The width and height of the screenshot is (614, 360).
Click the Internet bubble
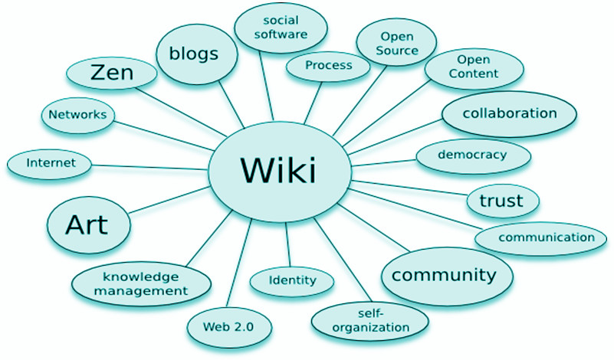coord(50,162)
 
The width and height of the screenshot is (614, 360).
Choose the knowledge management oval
coord(141,283)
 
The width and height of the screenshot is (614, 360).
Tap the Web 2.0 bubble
coord(227,326)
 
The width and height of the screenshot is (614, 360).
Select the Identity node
coord(291,280)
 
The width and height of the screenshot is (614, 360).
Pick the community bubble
coord(439,275)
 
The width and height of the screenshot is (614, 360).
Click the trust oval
coord(501,201)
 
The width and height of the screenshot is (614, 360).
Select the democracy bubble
coord(472,155)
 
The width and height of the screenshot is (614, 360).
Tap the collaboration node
coord(510,113)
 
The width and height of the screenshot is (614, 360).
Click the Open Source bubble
coord(397,43)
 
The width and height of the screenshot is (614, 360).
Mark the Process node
coord(328,66)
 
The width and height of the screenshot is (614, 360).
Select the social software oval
coord(281,27)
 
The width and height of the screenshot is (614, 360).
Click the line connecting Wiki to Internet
coord(153,165)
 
